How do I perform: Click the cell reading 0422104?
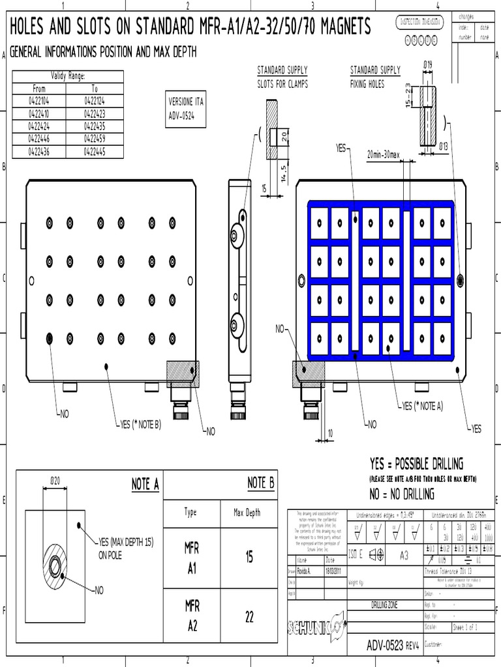(x=39, y=100)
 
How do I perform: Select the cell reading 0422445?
(x=95, y=152)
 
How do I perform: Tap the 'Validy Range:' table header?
(x=68, y=76)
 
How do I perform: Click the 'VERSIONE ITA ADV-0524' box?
(x=187, y=109)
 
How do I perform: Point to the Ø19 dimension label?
(x=429, y=64)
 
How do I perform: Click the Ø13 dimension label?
(x=444, y=145)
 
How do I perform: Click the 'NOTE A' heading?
(x=145, y=483)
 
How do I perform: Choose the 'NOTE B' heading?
(x=261, y=483)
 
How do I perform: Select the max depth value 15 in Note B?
(x=249, y=558)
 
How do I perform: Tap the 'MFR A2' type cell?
(x=192, y=616)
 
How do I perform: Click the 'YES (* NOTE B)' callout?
(x=140, y=424)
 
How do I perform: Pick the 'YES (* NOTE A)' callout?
(x=422, y=406)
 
